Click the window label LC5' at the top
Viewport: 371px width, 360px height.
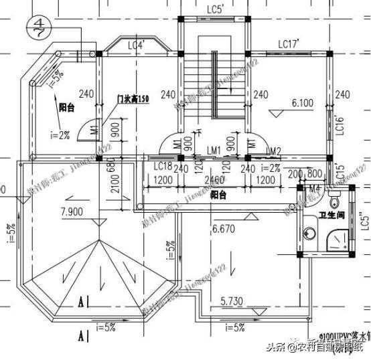click(x=214, y=9)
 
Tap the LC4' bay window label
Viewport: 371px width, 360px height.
click(x=136, y=45)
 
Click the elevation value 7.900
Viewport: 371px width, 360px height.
click(x=72, y=212)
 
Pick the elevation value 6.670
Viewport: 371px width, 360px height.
click(x=225, y=228)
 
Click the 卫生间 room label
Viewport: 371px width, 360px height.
click(x=332, y=215)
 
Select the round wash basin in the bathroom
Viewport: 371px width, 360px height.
click(x=309, y=233)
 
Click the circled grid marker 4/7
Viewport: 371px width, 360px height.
click(x=38, y=29)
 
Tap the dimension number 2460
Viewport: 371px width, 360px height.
click(x=214, y=180)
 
